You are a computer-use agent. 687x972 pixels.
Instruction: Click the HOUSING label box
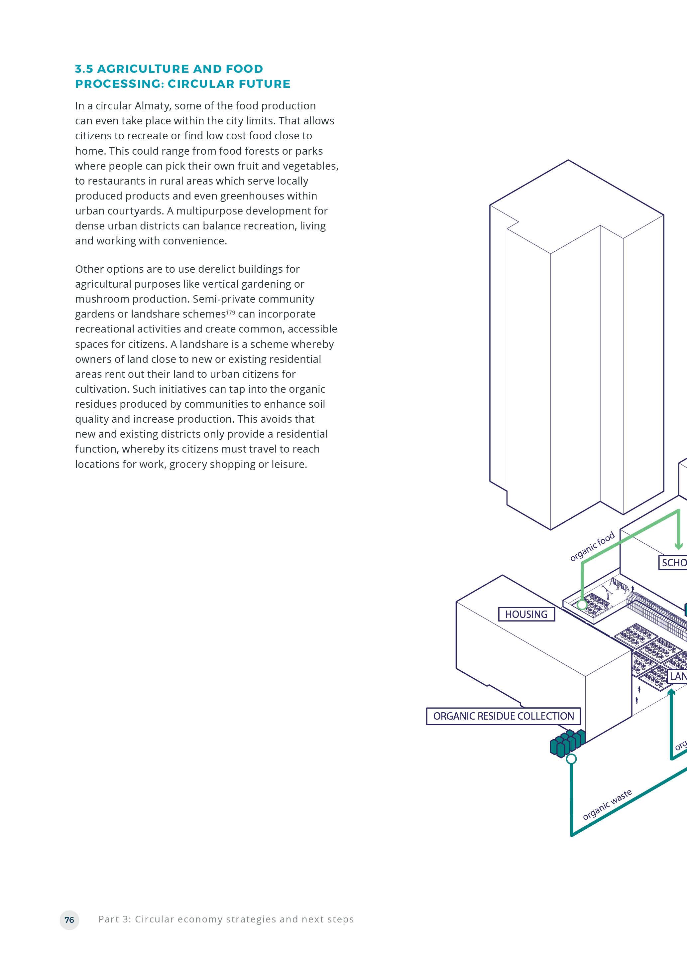[x=526, y=614]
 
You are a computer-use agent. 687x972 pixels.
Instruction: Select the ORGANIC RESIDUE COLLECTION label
[x=503, y=716]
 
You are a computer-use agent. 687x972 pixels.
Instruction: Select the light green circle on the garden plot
[x=582, y=605]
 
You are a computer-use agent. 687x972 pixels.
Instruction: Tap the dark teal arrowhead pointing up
[x=671, y=692]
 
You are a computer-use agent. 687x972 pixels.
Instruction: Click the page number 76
[x=69, y=919]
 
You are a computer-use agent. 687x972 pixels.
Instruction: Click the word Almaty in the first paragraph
[x=152, y=106]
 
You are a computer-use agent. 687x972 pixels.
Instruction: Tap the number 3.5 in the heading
[x=84, y=69]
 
